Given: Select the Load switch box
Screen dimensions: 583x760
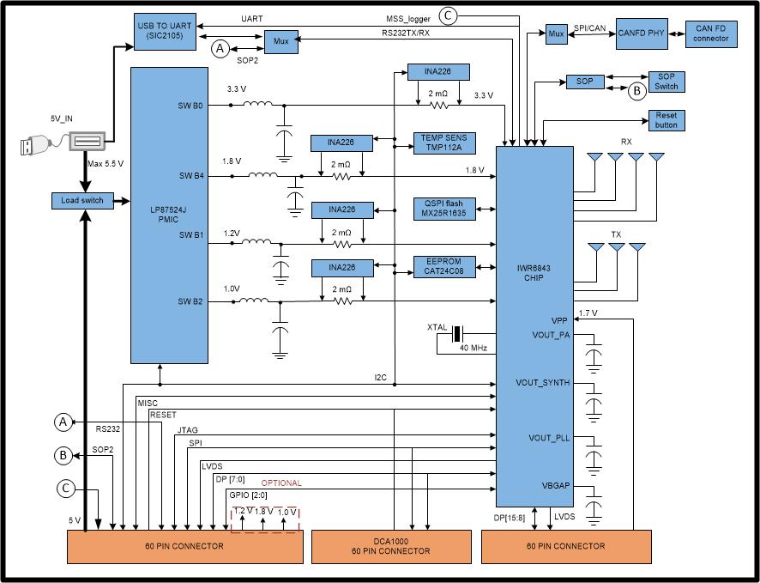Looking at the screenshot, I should pos(81,200).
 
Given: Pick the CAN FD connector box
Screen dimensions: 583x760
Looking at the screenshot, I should pos(711,33).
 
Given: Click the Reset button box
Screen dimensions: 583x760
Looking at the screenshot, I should pos(666,120).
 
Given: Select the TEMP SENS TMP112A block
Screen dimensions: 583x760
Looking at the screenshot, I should pos(444,142).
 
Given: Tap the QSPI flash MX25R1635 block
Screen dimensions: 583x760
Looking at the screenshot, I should pos(444,209).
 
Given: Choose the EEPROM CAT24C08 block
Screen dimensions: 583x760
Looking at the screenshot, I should pos(444,267).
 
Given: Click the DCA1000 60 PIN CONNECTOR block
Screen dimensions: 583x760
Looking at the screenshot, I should pos(390,546).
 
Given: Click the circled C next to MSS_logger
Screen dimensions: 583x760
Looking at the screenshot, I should pos(449,15).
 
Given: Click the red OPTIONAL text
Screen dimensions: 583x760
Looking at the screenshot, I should pos(282,483).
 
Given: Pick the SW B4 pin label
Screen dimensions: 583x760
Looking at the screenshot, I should pos(191,176).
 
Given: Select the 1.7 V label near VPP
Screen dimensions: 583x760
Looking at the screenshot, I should pos(589,313).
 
